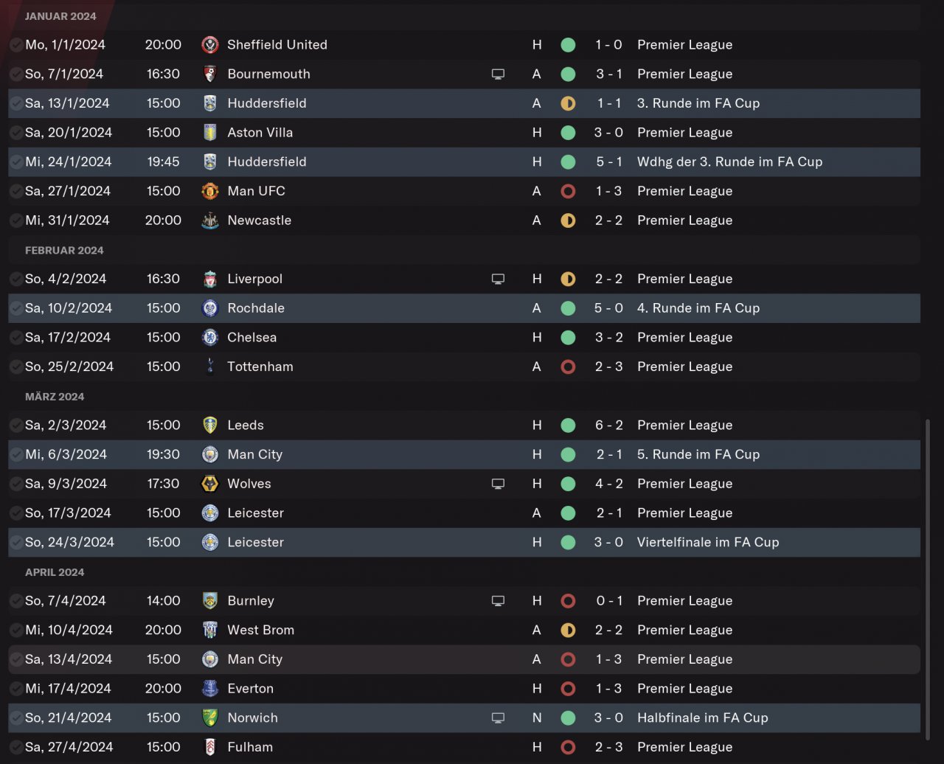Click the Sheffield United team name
(x=277, y=44)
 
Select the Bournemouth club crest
(x=210, y=74)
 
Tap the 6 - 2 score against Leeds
(x=608, y=425)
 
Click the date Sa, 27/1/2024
(x=69, y=191)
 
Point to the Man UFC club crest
(x=210, y=191)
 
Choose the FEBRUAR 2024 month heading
(x=64, y=250)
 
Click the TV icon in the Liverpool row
(x=498, y=279)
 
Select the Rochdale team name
(x=255, y=308)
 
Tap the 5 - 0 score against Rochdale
(x=608, y=308)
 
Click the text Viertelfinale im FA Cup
(x=707, y=542)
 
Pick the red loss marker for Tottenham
(x=568, y=367)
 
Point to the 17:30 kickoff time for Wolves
(x=163, y=484)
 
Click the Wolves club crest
(x=210, y=484)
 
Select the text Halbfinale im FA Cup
(x=702, y=718)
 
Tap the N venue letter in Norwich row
(x=537, y=718)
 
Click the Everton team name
(x=250, y=688)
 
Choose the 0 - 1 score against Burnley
(x=608, y=600)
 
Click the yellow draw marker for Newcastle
(x=568, y=220)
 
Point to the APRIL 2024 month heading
(x=55, y=572)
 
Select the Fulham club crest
(x=210, y=747)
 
